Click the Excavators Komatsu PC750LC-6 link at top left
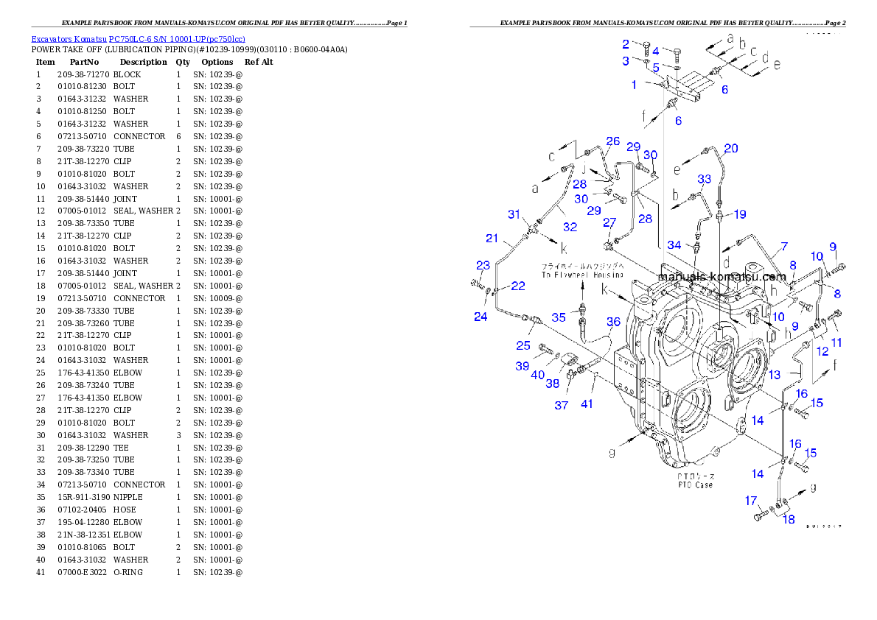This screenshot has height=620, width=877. tap(138, 39)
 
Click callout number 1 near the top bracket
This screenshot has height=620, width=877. tap(634, 85)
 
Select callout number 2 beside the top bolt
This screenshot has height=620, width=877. tap(626, 44)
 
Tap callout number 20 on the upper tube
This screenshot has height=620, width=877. tap(730, 149)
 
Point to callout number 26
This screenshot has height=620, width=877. tap(612, 141)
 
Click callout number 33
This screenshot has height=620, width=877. tap(705, 180)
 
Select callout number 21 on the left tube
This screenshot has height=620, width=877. tap(492, 239)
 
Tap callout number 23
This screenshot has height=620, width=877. tap(482, 266)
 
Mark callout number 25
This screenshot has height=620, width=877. tap(524, 345)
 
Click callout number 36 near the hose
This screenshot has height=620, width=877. tap(613, 322)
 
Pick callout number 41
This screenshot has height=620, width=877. tap(587, 404)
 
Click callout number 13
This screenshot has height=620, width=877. tap(774, 375)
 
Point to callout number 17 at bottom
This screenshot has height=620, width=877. tap(751, 501)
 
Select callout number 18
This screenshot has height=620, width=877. tap(789, 519)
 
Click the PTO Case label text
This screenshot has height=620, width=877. tap(695, 481)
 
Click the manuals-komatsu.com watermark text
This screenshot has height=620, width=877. tap(721, 277)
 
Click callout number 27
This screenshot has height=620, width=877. tap(609, 222)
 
